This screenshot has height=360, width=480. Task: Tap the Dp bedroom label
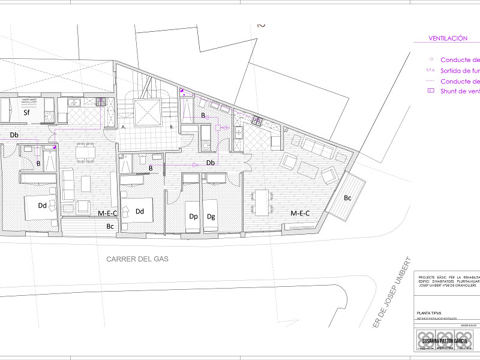pyautogui.click(x=193, y=217)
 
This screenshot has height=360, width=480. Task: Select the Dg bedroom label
pyautogui.click(x=211, y=217)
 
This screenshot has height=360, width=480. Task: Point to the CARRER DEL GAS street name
pyautogui.click(x=137, y=259)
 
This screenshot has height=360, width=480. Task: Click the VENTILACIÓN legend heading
pyautogui.click(x=448, y=38)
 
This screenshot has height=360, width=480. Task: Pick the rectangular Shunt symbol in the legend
pyautogui.click(x=430, y=91)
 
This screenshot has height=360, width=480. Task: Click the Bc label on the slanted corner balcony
pyautogui.click(x=348, y=197)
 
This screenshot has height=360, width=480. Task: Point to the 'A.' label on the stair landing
pyautogui.click(x=124, y=127)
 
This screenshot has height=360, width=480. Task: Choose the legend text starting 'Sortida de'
pyautogui.click(x=460, y=71)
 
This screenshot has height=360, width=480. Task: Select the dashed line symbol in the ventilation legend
pyautogui.click(x=430, y=81)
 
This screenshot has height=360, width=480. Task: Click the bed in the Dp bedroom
pyautogui.click(x=193, y=208)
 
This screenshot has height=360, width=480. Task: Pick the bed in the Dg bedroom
pyautogui.click(x=210, y=208)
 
